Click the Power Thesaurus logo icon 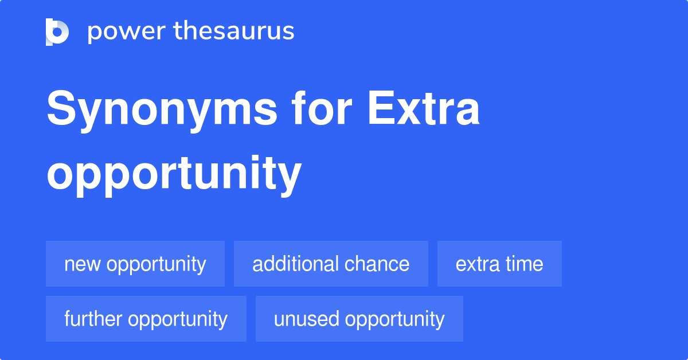pyautogui.click(x=57, y=32)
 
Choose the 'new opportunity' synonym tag pyautogui.click(x=135, y=264)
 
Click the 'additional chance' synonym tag pyautogui.click(x=331, y=264)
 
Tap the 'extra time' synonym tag pyautogui.click(x=499, y=264)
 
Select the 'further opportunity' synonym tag pyautogui.click(x=146, y=319)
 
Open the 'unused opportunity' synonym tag pyautogui.click(x=359, y=319)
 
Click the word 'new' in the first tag pyautogui.click(x=83, y=264)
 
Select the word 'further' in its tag pyautogui.click(x=93, y=319)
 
